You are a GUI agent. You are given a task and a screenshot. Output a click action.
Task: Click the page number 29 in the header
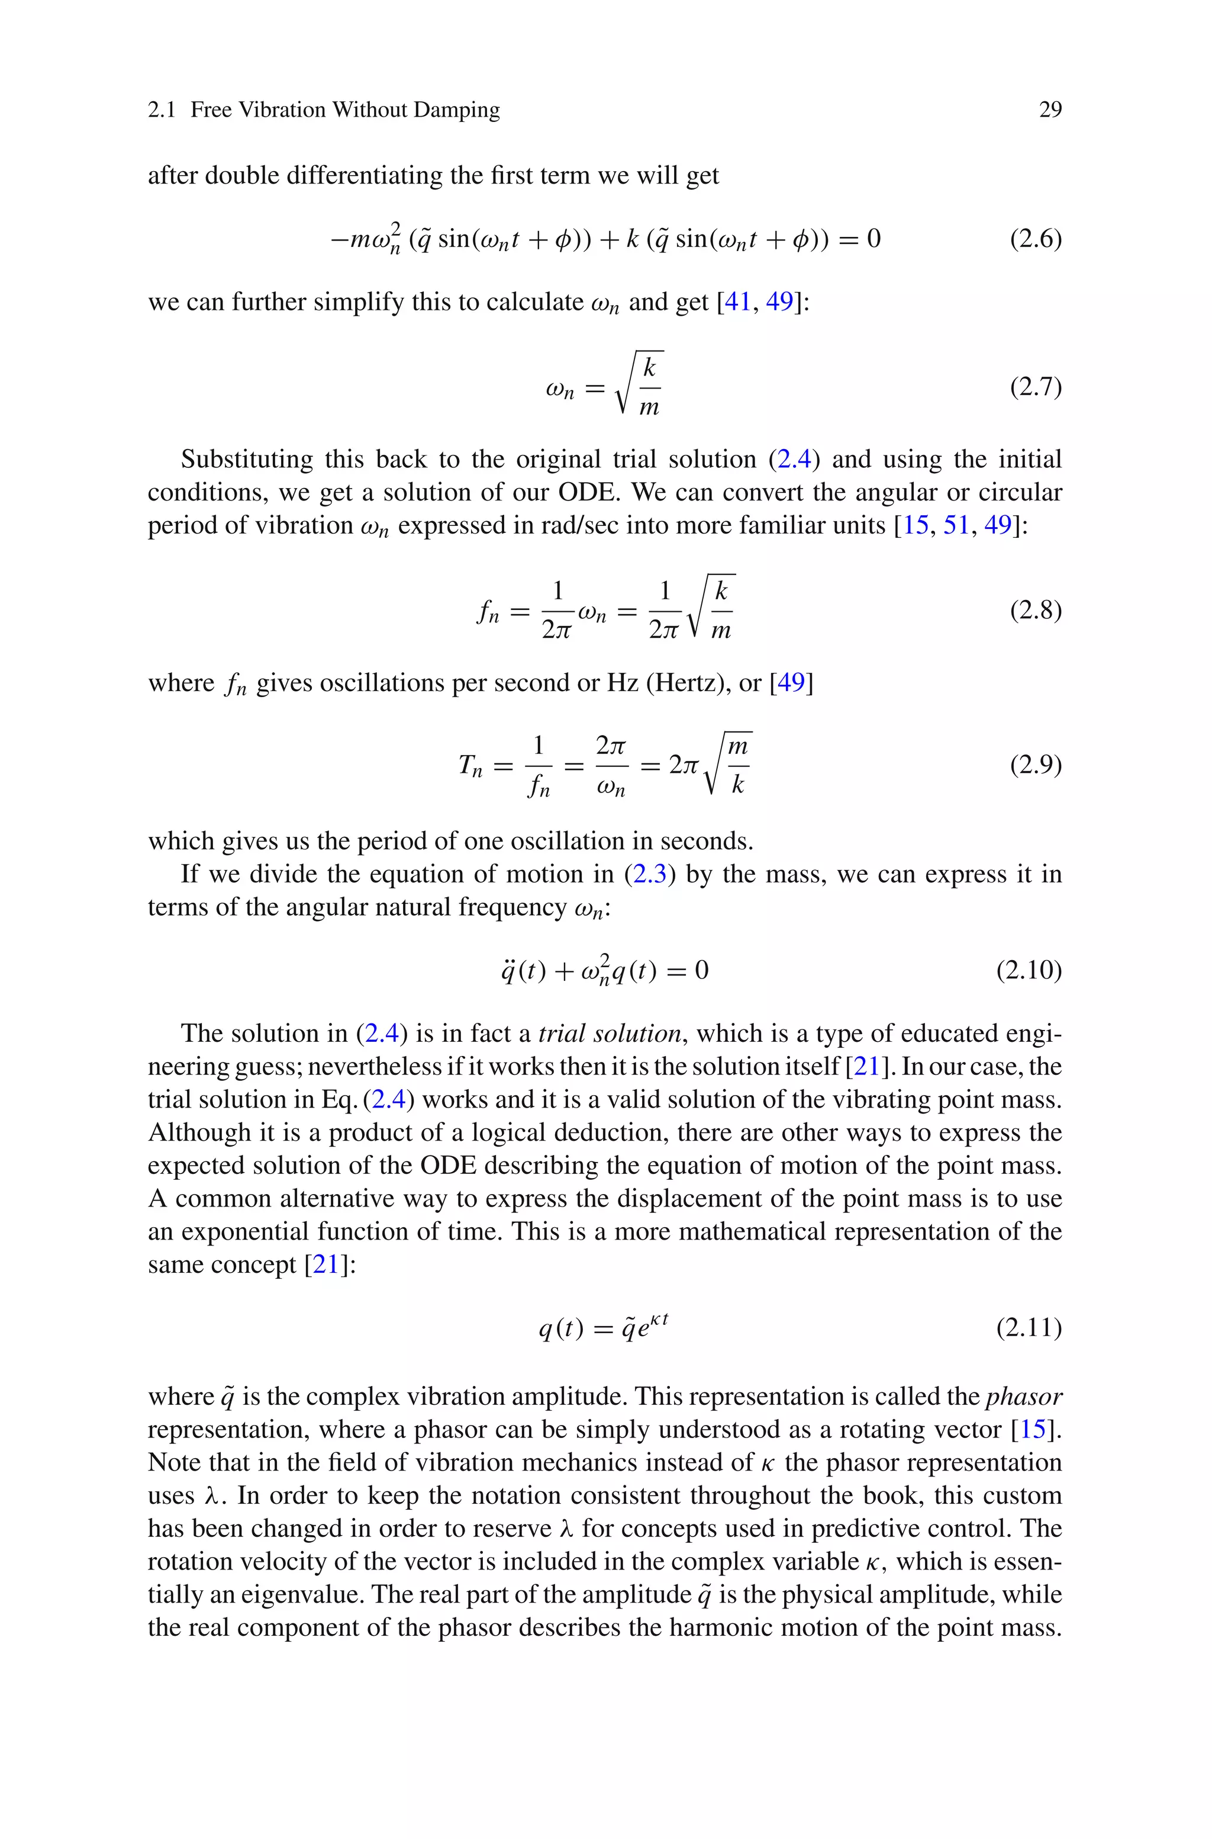[x=1050, y=110]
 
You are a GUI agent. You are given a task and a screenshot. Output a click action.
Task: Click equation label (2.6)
[x=1035, y=238]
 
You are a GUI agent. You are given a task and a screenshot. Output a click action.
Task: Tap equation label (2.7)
[x=1035, y=386]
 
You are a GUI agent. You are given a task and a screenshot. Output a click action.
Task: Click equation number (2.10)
[x=1028, y=970]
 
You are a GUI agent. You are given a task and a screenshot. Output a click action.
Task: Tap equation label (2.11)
[x=1028, y=1328]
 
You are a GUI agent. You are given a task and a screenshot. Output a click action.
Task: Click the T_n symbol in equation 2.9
[x=470, y=766]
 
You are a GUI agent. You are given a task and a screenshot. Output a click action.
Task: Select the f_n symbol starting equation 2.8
[x=488, y=612]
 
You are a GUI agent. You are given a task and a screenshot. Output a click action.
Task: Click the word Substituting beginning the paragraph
[x=247, y=460]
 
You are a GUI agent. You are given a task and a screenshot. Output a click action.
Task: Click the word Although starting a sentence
[x=196, y=1132]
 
